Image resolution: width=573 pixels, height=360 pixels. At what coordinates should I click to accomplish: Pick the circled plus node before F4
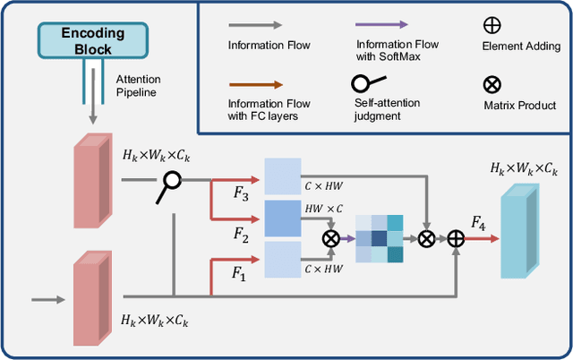[x=456, y=238]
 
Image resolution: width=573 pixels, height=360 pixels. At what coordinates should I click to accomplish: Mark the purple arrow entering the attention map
[x=345, y=238]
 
